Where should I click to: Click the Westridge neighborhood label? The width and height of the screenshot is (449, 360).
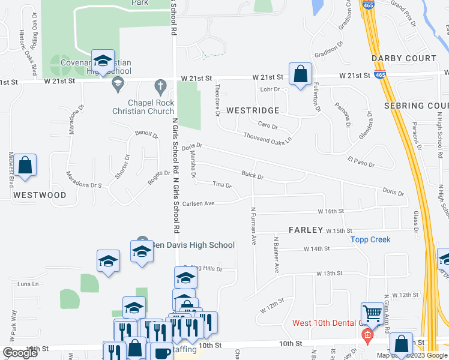(x=253, y=111)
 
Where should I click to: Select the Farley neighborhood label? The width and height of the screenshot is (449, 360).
(x=306, y=230)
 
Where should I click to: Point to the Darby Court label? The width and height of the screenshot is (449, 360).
(x=403, y=58)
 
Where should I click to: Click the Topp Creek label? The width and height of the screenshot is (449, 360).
(x=370, y=239)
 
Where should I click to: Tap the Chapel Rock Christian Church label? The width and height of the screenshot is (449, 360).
(x=143, y=107)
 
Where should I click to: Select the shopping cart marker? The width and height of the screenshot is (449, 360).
(x=372, y=313)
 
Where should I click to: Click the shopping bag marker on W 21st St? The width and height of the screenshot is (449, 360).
(x=300, y=74)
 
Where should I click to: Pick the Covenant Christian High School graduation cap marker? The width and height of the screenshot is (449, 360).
(x=103, y=61)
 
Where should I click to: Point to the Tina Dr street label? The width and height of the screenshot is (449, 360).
(x=222, y=185)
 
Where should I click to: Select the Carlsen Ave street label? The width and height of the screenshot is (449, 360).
(x=198, y=203)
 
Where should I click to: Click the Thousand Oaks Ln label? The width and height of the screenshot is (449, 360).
(x=267, y=137)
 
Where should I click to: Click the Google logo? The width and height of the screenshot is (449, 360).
(x=20, y=353)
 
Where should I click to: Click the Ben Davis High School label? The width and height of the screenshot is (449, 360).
(x=192, y=245)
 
